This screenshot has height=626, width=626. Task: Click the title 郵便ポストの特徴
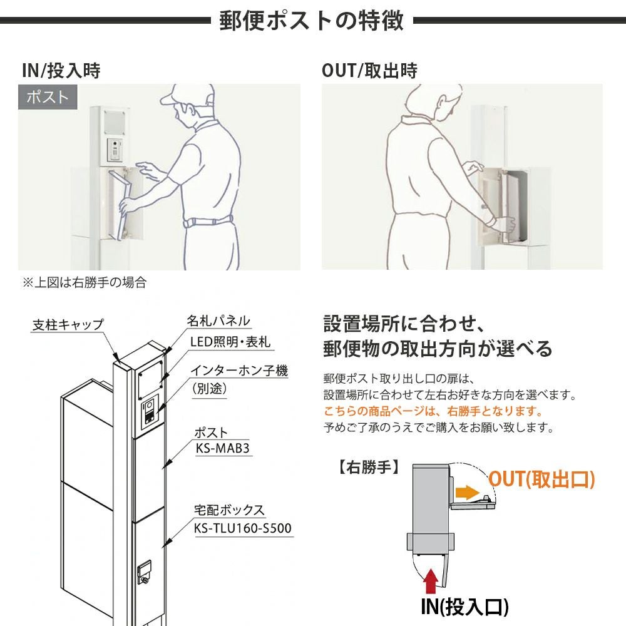click(311, 21)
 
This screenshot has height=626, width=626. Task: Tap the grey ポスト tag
click(48, 97)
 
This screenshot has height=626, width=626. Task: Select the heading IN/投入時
click(61, 71)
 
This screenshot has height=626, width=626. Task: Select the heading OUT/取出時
click(370, 71)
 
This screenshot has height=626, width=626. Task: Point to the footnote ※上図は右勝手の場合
click(85, 282)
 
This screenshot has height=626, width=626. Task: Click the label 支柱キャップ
click(68, 324)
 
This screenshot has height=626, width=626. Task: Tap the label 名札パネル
click(218, 321)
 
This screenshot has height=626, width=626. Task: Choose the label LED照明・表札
click(230, 342)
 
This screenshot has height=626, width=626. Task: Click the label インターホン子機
click(239, 370)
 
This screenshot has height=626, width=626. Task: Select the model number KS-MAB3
click(222, 448)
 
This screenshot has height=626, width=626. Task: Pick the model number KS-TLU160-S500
click(243, 528)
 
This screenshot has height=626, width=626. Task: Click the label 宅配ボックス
click(229, 510)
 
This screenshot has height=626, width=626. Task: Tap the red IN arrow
click(431, 582)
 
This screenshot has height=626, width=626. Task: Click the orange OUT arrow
click(467, 492)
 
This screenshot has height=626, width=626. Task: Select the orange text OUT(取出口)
click(541, 479)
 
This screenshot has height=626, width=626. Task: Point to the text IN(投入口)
click(464, 606)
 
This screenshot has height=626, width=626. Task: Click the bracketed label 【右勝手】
click(369, 467)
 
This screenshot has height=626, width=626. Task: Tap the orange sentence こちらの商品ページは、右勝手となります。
click(433, 411)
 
